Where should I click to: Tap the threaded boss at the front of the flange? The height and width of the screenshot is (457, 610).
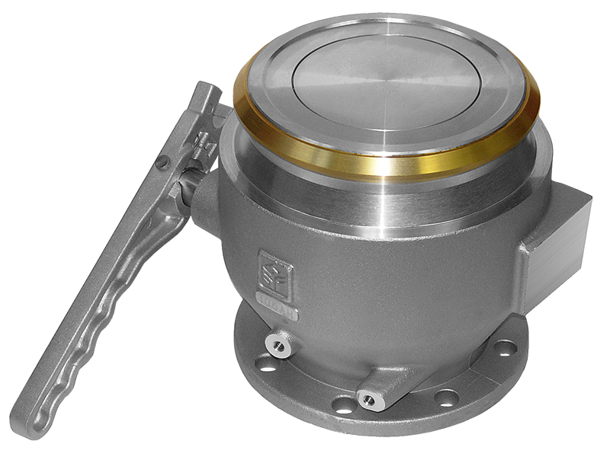373,399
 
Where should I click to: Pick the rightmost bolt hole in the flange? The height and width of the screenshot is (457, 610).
504,348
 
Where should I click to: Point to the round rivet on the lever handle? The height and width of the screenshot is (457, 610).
162,161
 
